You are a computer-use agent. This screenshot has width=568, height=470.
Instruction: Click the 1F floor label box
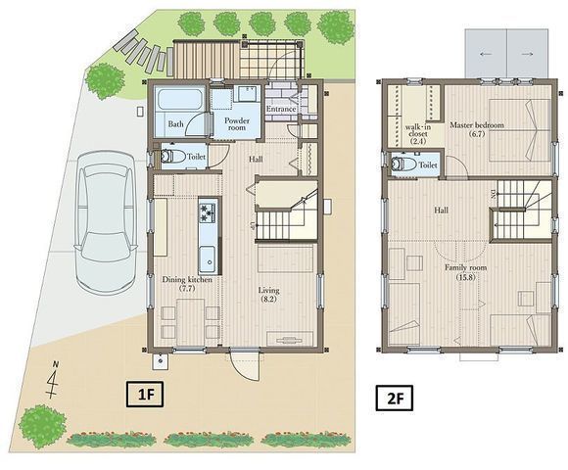145,395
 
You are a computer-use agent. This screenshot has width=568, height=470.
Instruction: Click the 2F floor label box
395,399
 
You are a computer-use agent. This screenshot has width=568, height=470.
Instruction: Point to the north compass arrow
54,380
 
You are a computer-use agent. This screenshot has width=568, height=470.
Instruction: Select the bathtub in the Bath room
179,99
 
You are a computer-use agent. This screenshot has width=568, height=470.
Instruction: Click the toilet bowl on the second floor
402,164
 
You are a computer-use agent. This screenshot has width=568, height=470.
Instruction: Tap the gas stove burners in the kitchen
208,212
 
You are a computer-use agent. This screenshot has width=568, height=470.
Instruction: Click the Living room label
268,295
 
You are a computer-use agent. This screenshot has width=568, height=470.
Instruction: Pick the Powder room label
237,123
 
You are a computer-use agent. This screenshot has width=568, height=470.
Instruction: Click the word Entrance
281,109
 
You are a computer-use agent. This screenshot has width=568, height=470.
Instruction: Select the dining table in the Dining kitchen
190,322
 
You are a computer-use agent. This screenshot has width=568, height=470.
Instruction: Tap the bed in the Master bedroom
520,130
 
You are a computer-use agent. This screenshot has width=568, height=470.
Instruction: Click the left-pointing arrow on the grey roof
486,54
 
